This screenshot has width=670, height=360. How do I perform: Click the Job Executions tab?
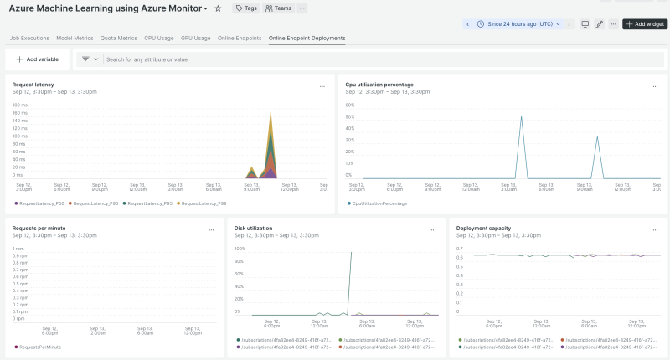(29, 38)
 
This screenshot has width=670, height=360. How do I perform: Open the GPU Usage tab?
(196, 38)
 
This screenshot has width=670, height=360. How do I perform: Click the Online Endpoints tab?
(240, 38)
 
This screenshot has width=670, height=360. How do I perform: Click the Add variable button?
(38, 59)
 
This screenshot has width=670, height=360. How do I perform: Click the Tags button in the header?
(245, 8)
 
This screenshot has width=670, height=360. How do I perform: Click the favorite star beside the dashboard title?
(218, 8)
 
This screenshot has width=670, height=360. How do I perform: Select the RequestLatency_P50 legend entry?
(39, 203)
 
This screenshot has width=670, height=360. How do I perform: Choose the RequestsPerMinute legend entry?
(39, 347)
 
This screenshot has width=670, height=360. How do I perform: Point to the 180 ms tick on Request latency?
(20, 105)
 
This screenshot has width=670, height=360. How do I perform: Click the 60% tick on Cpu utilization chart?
(349, 105)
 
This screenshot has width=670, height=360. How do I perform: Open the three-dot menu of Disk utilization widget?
(434, 229)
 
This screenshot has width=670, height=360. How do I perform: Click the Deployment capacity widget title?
(483, 228)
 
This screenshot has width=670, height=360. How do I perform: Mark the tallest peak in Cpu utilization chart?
(521, 117)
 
